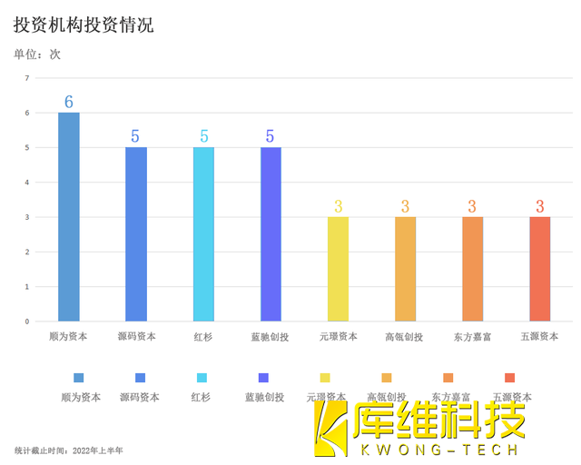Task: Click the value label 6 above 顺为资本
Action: tap(69, 102)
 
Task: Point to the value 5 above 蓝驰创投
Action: tap(271, 136)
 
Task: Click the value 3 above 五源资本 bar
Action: tap(540, 206)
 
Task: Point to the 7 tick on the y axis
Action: tap(27, 78)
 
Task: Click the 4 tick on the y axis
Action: tap(27, 183)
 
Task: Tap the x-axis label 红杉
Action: tap(203, 337)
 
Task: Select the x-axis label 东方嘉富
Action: tap(472, 337)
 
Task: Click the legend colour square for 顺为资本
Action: tap(79, 378)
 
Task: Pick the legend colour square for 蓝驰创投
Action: tap(264, 378)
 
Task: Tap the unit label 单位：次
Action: tap(37, 54)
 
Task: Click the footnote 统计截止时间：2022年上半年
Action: tap(69, 450)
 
